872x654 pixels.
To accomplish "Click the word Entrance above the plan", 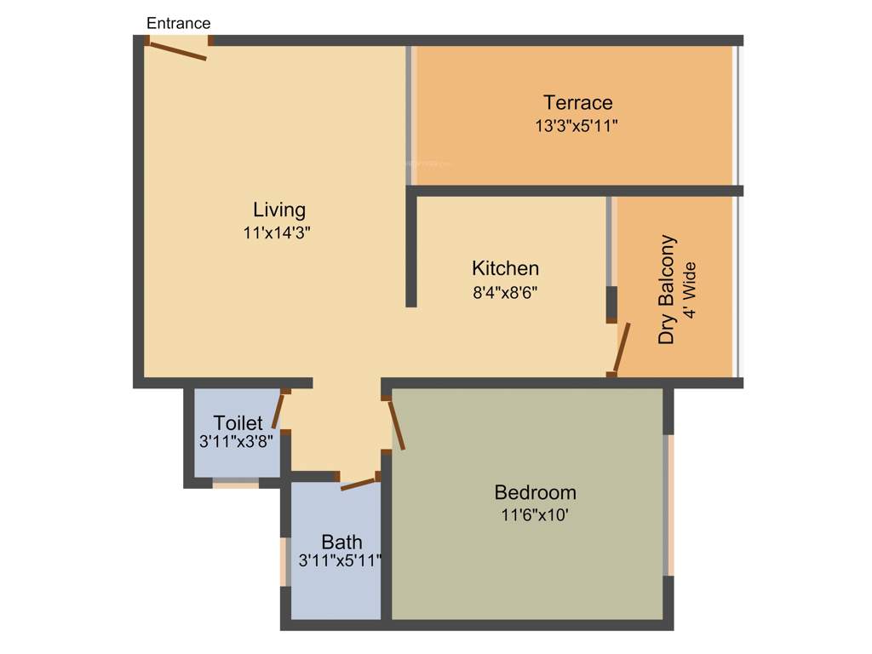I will (178, 23).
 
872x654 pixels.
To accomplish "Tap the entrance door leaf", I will (176, 51).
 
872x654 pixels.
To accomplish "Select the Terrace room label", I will (577, 103).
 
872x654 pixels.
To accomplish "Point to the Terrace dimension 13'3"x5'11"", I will (577, 126).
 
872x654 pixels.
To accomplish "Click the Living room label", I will (279, 209).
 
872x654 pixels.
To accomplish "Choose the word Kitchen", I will (505, 268).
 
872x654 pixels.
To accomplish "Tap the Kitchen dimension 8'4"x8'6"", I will (505, 291).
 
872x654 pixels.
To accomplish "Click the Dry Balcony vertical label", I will (667, 290).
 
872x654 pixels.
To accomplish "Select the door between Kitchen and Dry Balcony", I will (622, 349).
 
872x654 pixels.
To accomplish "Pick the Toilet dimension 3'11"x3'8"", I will (236, 442).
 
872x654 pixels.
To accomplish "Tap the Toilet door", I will (278, 410).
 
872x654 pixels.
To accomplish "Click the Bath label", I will (341, 542).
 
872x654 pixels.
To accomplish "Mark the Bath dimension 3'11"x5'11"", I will (340, 561).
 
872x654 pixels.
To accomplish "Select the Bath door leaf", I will (358, 484).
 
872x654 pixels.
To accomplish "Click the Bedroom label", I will (535, 492).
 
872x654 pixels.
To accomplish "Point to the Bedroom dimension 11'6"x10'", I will (534, 515).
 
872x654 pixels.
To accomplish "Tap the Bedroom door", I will (395, 424).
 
